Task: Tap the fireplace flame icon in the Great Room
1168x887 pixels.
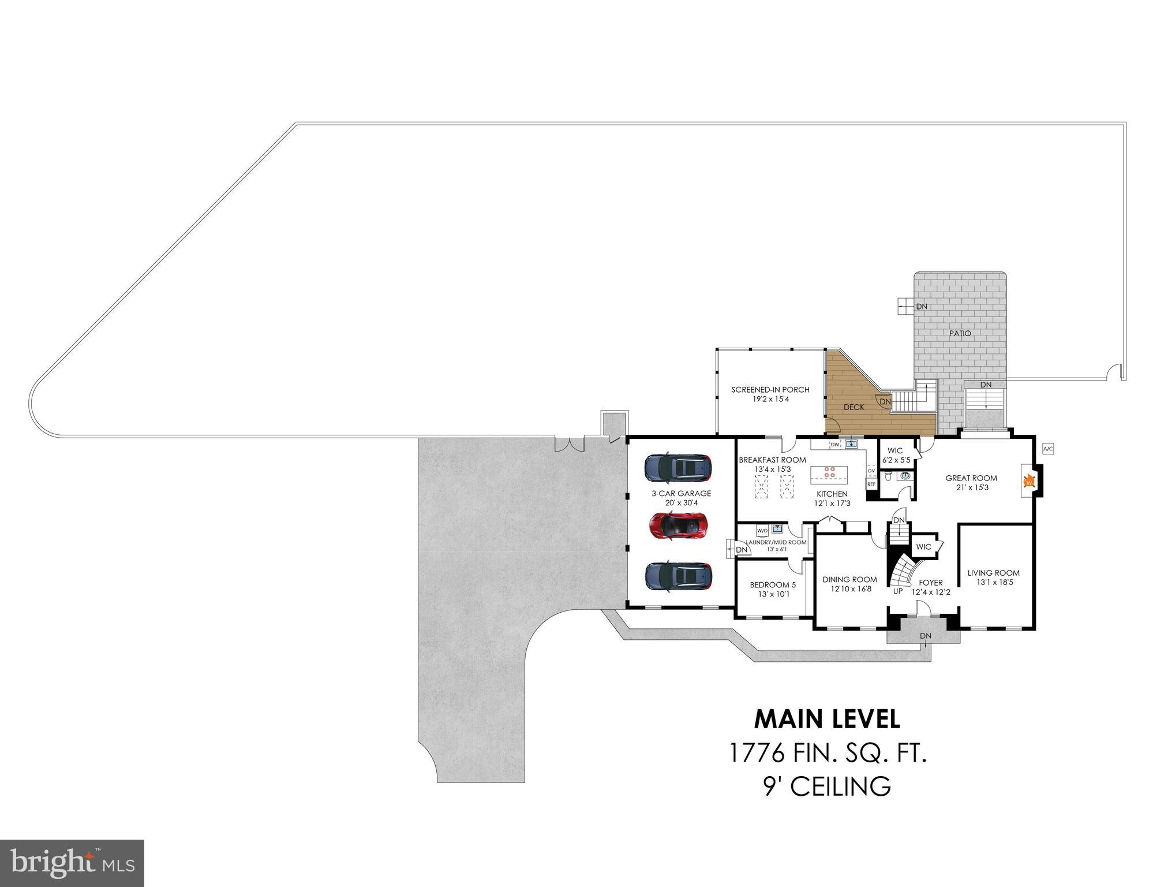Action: click(1028, 481)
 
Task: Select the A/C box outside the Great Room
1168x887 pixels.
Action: click(1049, 449)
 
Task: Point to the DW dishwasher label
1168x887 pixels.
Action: click(834, 445)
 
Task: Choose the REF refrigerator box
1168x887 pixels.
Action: click(871, 484)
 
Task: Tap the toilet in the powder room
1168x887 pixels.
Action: click(889, 477)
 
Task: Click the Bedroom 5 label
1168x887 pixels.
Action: click(773, 585)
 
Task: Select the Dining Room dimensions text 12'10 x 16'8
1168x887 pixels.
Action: click(851, 589)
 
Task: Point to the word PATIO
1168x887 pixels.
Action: click(960, 333)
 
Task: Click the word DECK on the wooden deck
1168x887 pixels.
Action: click(854, 407)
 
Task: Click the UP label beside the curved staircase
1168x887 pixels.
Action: click(898, 591)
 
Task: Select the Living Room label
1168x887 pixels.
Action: click(994, 573)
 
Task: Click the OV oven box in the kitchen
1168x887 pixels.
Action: click(871, 471)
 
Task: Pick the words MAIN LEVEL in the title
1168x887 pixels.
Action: click(827, 719)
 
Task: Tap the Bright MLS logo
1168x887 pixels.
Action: click(72, 863)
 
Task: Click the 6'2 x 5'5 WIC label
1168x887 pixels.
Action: click(896, 460)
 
